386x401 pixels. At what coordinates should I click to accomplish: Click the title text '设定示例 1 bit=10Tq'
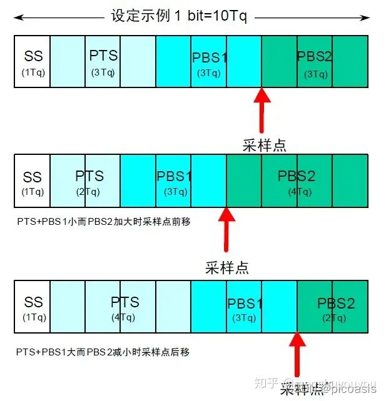pos(179,16)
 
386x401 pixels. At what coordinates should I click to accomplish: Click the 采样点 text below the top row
pos(264,145)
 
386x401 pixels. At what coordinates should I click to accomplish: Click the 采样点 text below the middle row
pos(227,267)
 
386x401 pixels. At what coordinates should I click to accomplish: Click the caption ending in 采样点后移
pos(103,352)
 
